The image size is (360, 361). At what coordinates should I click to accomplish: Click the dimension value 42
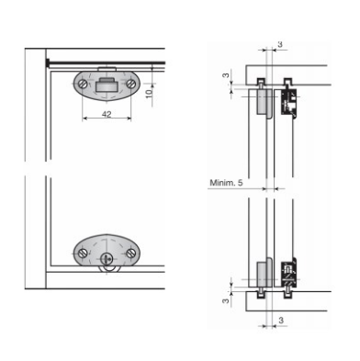tap(107, 114)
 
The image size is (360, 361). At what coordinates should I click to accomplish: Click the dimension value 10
tap(149, 93)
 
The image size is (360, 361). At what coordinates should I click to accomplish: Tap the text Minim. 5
tap(226, 183)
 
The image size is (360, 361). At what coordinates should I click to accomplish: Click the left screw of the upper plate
tap(83, 84)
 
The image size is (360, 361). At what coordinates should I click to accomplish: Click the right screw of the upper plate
tap(130, 84)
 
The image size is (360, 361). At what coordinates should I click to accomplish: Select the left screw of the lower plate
tap(83, 254)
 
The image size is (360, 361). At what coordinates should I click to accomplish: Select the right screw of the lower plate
tap(131, 253)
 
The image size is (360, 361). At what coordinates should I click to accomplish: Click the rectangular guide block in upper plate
tap(107, 85)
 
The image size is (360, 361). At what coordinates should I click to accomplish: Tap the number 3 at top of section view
tap(280, 44)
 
